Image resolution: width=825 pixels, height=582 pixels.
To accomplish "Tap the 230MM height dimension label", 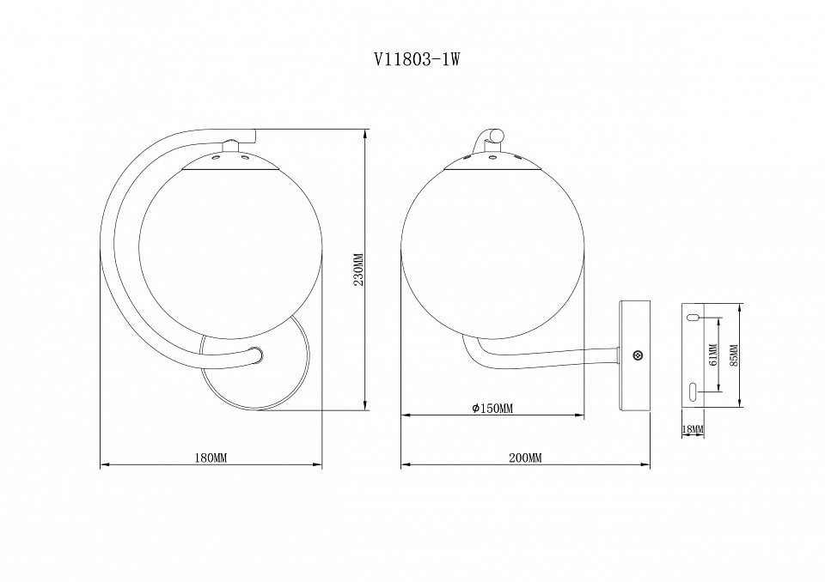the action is click(359, 270).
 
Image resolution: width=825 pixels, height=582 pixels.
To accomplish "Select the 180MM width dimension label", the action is click(211, 458).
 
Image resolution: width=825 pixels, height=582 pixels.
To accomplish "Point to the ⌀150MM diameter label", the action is click(492, 409).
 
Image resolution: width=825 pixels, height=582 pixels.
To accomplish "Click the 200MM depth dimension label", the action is click(525, 458).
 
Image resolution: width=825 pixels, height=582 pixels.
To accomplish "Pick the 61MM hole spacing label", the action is click(713, 355).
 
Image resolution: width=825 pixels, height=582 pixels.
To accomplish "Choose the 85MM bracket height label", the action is click(735, 355).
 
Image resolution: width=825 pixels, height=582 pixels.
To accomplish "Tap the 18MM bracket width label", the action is click(693, 429).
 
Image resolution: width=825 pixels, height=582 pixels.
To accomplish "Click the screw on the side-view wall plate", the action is click(638, 355).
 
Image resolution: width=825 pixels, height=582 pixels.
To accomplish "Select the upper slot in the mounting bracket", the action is click(693, 318).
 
